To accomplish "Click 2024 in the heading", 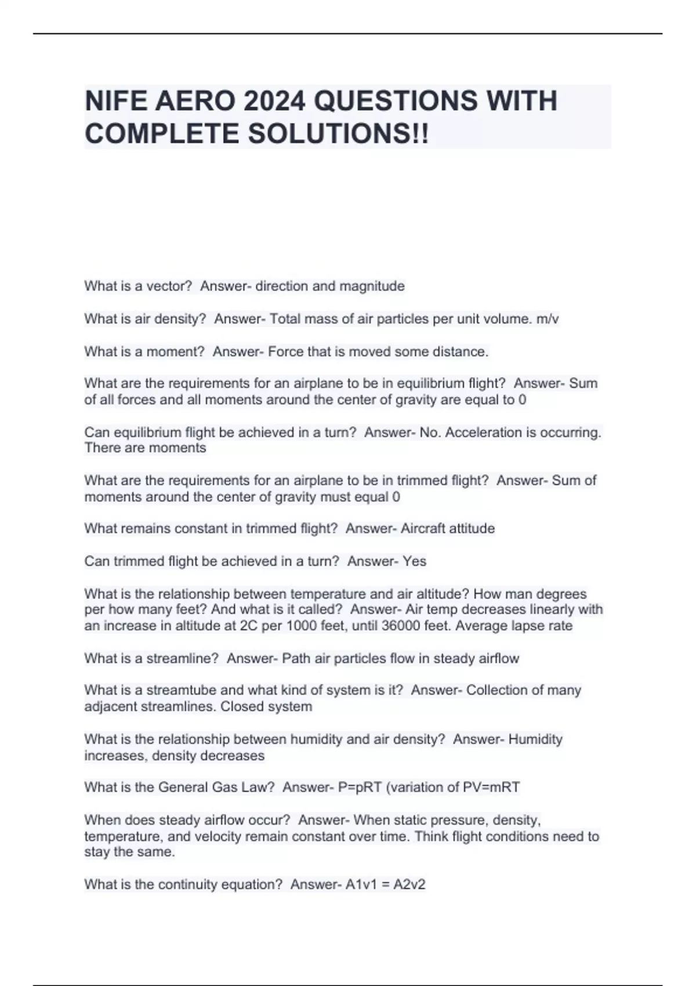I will (274, 101).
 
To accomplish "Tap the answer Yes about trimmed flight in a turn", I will (415, 561).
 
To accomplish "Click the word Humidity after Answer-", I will (535, 739).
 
